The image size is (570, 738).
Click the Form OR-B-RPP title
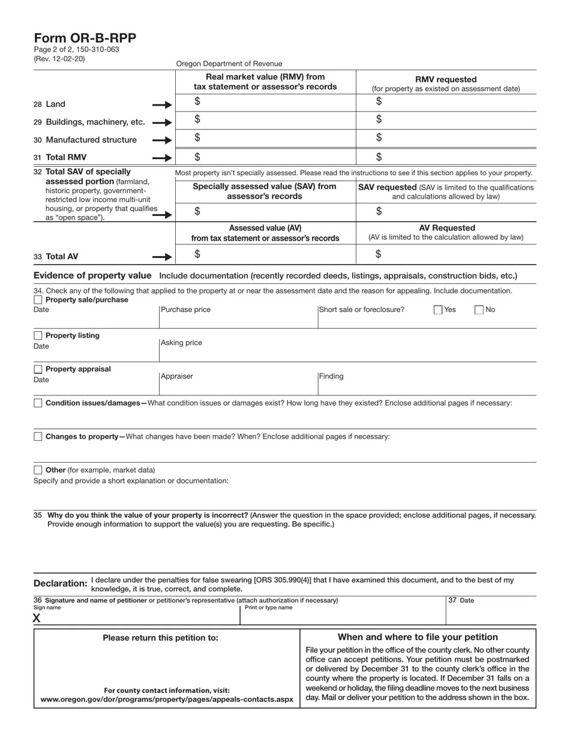point(85,38)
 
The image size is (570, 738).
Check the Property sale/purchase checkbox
point(38,300)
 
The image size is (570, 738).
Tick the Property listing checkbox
point(38,335)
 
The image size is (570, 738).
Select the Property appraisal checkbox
point(38,369)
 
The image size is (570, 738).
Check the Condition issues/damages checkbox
point(38,403)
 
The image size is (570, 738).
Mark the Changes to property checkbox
point(38,437)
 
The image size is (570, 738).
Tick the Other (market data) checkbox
point(38,470)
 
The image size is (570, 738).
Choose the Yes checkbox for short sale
point(438,310)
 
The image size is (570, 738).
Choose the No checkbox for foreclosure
point(479,310)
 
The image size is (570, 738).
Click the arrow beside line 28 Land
point(162,105)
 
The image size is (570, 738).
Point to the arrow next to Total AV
point(162,257)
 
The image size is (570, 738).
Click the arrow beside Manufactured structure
point(162,140)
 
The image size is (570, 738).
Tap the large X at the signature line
point(37,618)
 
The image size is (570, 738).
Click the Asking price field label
point(181,343)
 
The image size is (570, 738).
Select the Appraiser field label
point(177,377)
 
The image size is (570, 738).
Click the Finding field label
point(331,377)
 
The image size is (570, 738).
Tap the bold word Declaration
point(60,583)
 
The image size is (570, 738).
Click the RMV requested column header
point(446,79)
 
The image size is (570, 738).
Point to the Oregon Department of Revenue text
point(229,64)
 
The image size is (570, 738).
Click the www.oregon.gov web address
point(167,700)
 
